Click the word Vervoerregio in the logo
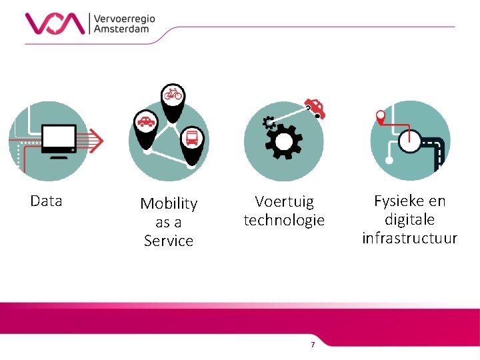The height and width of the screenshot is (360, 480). [125, 18]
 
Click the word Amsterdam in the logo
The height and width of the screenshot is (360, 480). [121, 29]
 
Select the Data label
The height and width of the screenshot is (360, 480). [46, 201]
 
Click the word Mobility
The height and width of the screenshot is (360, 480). [169, 203]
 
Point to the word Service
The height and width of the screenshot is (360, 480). [169, 241]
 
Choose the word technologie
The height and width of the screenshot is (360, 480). [284, 220]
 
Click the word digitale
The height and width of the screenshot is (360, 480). [409, 219]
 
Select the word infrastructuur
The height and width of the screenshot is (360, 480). [409, 238]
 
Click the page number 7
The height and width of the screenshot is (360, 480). [313, 344]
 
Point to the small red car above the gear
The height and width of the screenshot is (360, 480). [314, 109]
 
